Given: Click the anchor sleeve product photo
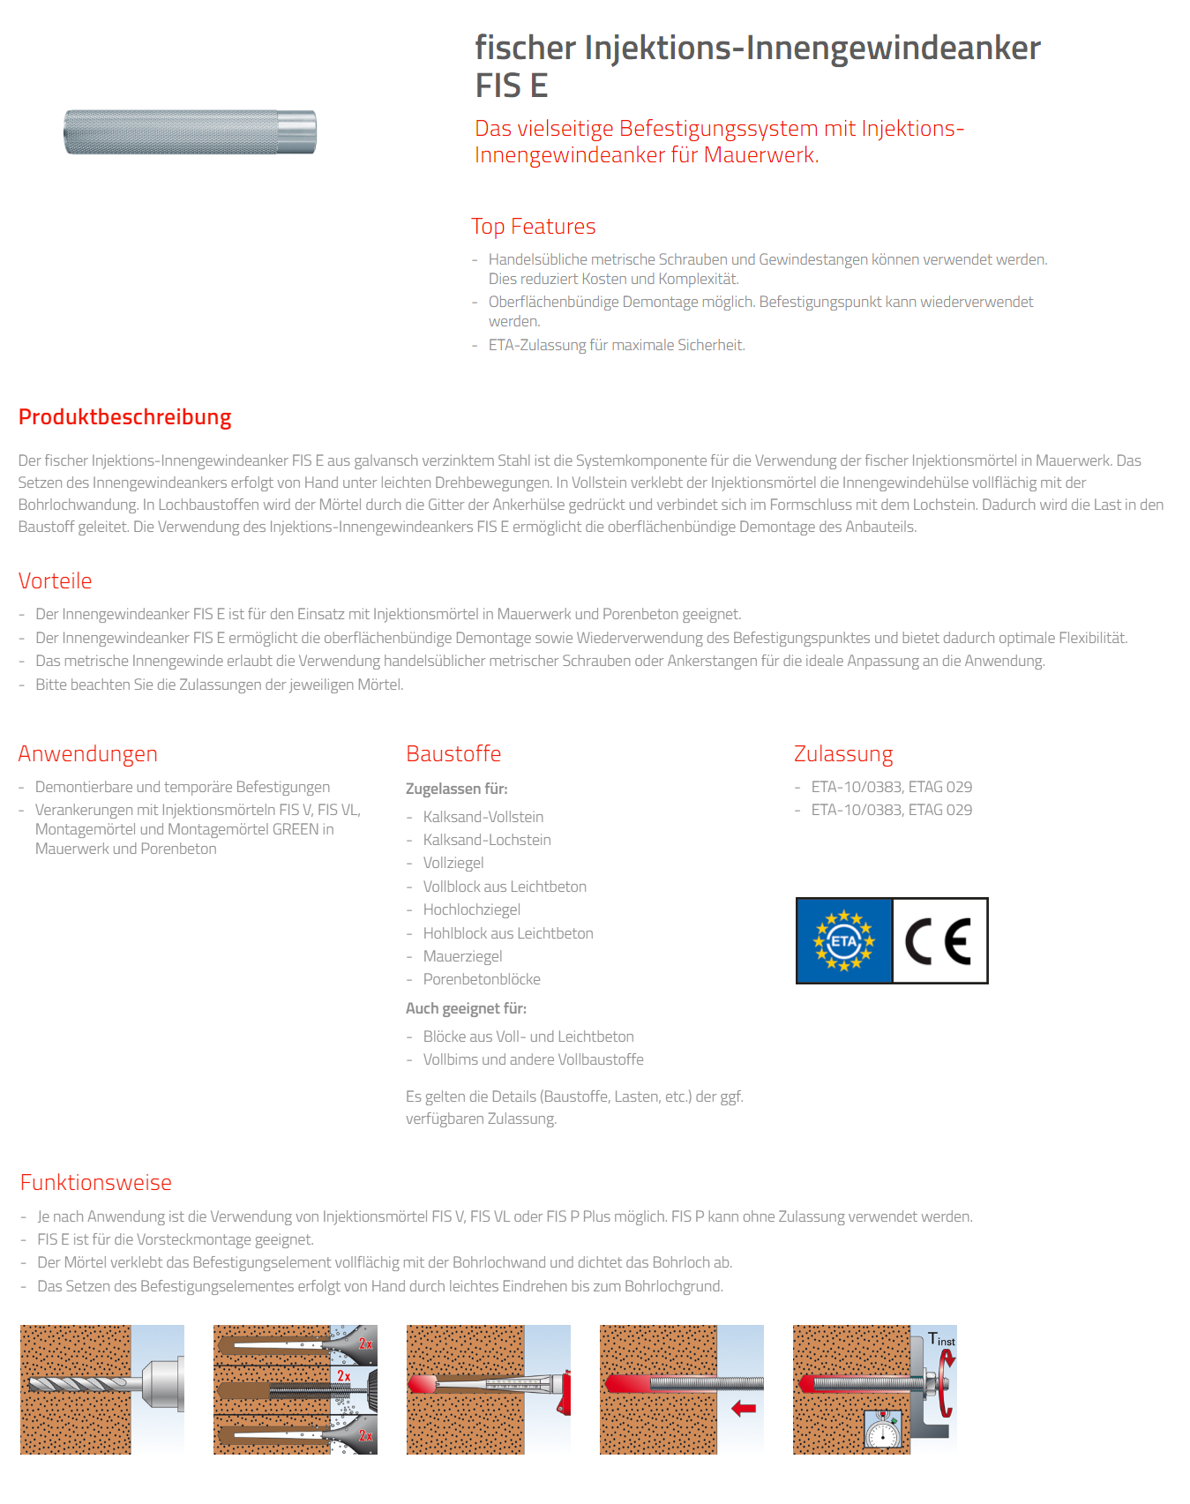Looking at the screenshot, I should click(x=190, y=132).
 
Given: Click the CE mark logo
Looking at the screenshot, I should click(x=939, y=941).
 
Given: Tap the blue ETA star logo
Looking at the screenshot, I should click(x=844, y=941).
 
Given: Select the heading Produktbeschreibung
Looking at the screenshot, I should click(x=125, y=417).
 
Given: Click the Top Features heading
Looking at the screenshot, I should click(x=534, y=227).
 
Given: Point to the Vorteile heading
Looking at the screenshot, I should click(x=56, y=581).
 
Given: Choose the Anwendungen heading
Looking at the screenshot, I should click(x=88, y=754).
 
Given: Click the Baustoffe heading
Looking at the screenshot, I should click(x=453, y=754).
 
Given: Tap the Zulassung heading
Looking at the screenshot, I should click(x=843, y=754).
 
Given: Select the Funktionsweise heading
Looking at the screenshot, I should click(x=96, y=1183).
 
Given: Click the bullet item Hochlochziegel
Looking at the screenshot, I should click(x=472, y=909).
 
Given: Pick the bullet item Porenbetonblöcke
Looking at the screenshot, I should click(x=482, y=979).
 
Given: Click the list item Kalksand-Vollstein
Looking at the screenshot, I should click(x=483, y=817).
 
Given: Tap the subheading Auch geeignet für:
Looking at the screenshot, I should click(x=466, y=1008).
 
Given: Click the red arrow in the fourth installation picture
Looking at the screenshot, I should click(x=744, y=1409).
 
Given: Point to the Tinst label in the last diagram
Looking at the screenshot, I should click(x=941, y=1339).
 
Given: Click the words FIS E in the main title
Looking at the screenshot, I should click(x=512, y=86).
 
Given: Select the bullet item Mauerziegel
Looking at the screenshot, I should click(x=463, y=956).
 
